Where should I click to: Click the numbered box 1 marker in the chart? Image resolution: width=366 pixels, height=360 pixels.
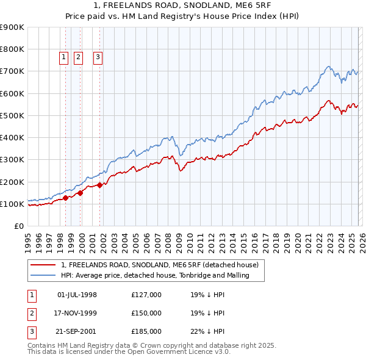(x=63, y=57)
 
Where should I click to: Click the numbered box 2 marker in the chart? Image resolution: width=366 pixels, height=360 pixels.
(x=79, y=57)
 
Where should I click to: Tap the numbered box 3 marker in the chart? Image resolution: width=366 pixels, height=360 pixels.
(x=98, y=57)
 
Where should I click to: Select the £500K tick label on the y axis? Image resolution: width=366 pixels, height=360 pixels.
(x=12, y=115)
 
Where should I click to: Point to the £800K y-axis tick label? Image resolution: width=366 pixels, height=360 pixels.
(x=12, y=49)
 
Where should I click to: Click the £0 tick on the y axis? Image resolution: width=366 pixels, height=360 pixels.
(x=18, y=226)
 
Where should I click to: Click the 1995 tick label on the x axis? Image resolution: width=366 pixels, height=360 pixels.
(x=28, y=241)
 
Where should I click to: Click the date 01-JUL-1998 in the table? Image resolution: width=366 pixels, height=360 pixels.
(x=77, y=295)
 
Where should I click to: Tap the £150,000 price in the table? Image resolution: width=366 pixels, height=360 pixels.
(x=146, y=313)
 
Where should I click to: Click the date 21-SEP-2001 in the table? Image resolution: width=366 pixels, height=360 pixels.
(x=77, y=331)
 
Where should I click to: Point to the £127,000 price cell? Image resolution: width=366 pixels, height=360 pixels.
(x=146, y=295)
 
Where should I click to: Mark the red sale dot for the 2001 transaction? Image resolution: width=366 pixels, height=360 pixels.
(x=99, y=185)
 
